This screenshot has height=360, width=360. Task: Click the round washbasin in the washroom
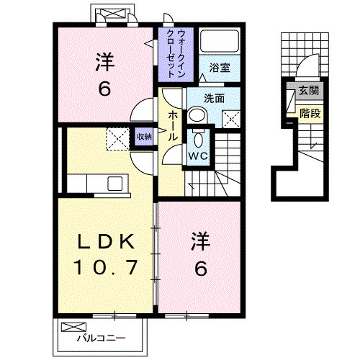(x=197, y=115)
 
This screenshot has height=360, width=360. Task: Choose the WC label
(x=198, y=154)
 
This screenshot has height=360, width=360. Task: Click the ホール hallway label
(x=174, y=126)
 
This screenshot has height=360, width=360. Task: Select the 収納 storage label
(x=145, y=136)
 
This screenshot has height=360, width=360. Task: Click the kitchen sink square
(x=116, y=183)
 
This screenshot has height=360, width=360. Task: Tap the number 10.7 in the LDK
(x=105, y=269)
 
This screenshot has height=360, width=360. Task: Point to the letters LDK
(x=105, y=240)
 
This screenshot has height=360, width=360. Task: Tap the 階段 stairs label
(x=310, y=112)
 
